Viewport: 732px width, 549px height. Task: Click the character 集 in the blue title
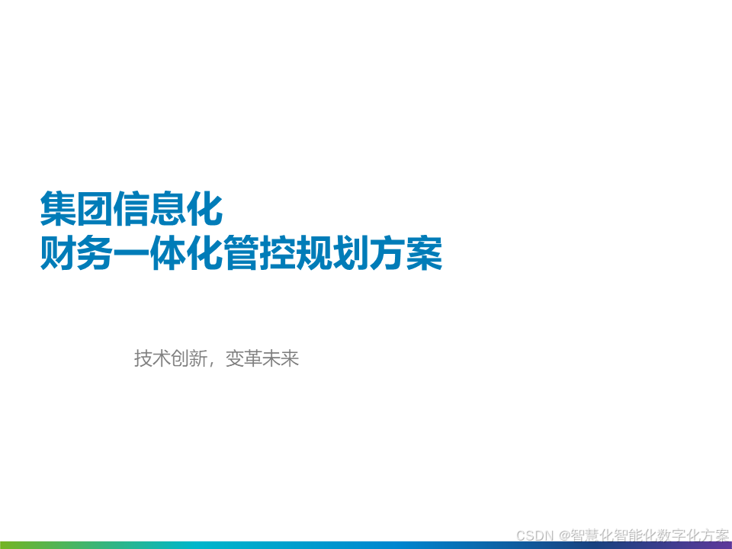[58, 208]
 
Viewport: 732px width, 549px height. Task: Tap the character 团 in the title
[95, 208]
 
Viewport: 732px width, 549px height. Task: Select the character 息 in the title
[168, 208]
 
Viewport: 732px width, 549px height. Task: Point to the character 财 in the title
[58, 252]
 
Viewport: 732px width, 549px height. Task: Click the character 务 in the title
[95, 252]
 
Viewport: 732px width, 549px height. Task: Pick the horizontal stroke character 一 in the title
[131, 253]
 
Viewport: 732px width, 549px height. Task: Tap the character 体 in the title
[168, 252]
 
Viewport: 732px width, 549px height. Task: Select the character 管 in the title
[241, 252]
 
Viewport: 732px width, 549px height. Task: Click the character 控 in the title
[278, 252]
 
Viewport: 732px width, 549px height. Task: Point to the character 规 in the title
[314, 252]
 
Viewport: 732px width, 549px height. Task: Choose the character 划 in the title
[351, 252]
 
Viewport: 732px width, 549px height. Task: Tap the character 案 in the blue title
[424, 252]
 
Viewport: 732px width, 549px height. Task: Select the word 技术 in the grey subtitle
[152, 358]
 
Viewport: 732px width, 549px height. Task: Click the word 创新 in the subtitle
[189, 358]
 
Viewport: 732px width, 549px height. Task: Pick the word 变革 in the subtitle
[244, 358]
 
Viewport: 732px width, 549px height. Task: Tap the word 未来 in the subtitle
[280, 358]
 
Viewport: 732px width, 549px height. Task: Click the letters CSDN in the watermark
[535, 535]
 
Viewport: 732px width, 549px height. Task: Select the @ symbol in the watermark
[564, 535]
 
